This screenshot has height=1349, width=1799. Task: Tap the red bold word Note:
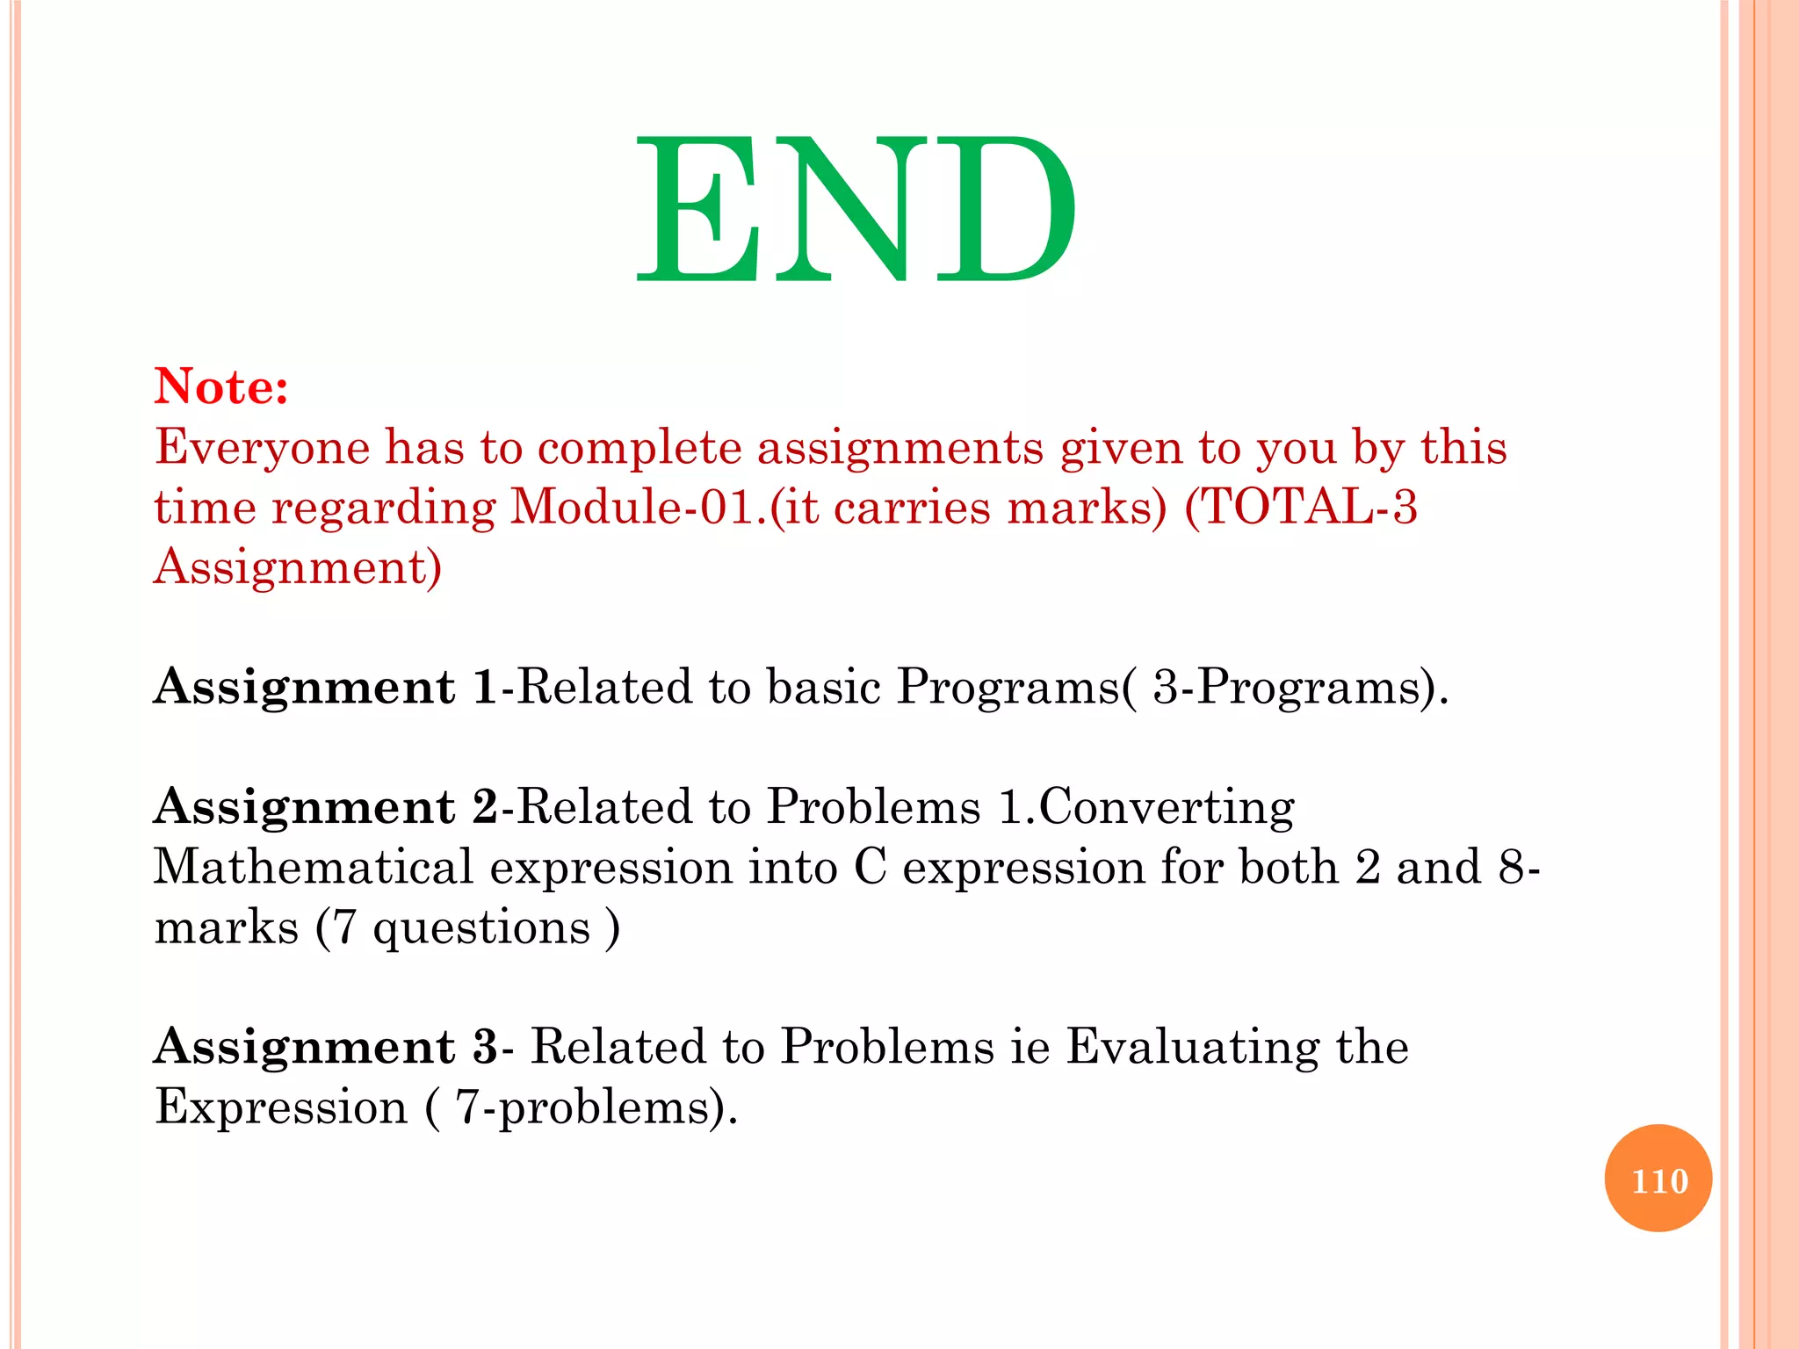point(221,386)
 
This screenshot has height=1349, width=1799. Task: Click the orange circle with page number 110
point(1658,1179)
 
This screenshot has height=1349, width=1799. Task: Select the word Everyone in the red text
point(263,448)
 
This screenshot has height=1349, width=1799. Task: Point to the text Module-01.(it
point(663,508)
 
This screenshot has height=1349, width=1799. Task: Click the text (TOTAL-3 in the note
point(1301,508)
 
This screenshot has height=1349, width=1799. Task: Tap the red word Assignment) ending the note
point(298,567)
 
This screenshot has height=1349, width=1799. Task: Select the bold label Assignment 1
point(325,688)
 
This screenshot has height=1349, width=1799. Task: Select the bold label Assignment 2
point(325,807)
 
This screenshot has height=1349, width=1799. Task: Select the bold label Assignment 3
point(325,1047)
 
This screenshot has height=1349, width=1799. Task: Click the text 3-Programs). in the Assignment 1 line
point(1300,688)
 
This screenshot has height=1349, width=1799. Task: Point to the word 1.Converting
point(1146,807)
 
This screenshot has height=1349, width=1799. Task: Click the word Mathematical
point(314,868)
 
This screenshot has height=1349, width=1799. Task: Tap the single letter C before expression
point(870,868)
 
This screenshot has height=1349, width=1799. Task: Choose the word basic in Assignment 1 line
point(823,688)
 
